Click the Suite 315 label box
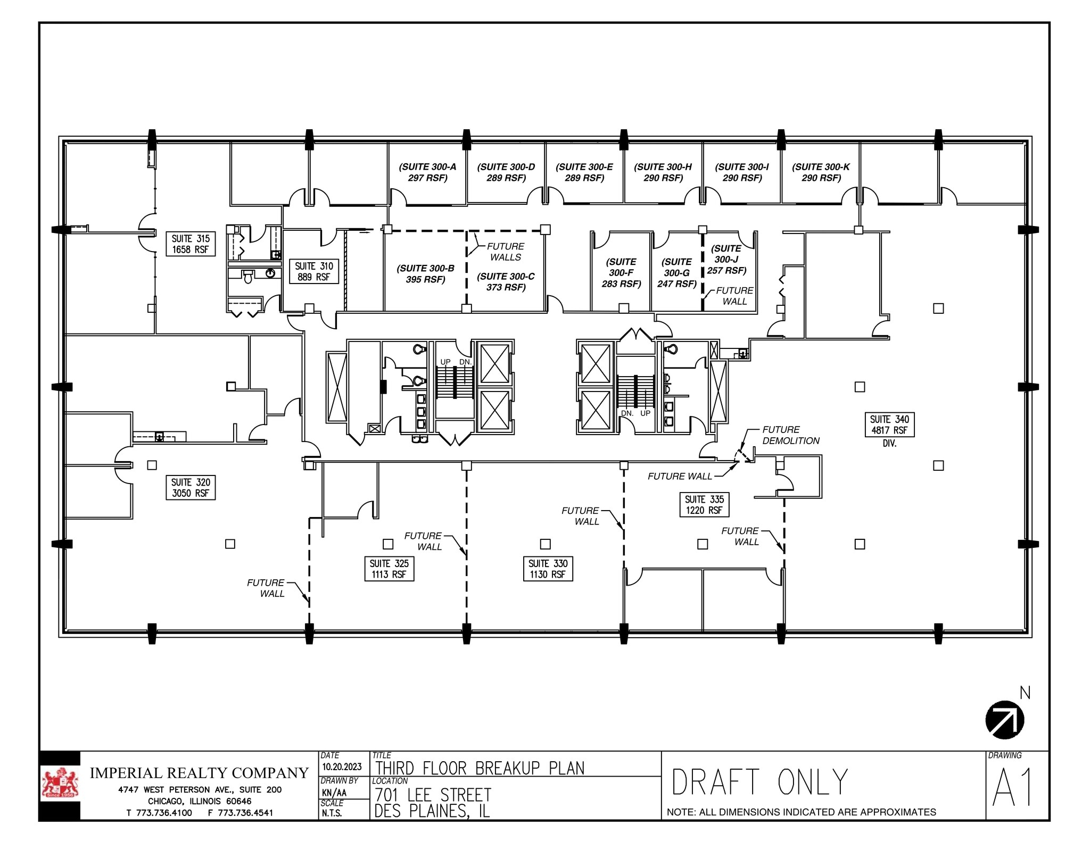190,244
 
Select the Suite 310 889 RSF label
313,271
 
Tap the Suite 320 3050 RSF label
190,488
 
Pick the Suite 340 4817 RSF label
889,425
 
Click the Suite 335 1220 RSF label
704,505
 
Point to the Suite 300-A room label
427,172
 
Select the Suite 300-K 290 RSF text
821,172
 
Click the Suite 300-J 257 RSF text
726,260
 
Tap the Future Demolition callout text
790,435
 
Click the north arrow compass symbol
1004,720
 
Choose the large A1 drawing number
1012,788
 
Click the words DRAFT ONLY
759,782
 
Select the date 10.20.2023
342,766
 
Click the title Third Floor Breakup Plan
480,769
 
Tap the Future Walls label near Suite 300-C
505,252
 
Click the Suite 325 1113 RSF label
389,569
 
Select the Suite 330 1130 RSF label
548,569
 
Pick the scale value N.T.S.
332,813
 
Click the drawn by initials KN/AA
334,793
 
